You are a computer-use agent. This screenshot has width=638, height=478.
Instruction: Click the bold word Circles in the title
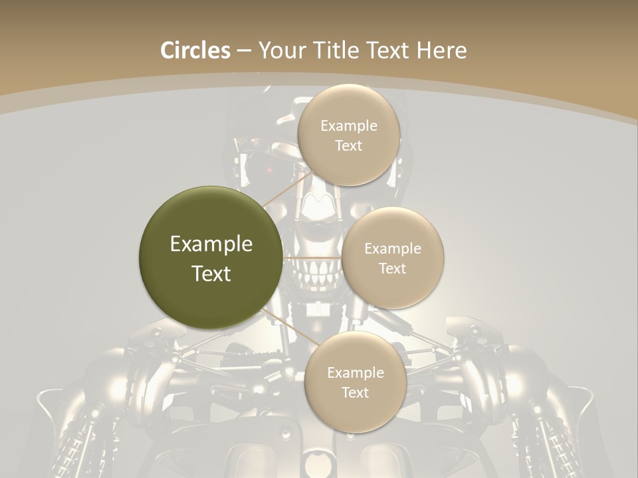(x=195, y=50)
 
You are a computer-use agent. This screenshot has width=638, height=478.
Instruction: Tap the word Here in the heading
(x=441, y=50)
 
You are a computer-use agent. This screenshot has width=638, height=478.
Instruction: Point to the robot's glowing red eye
(x=269, y=171)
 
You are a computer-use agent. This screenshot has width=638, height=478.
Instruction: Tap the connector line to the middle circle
(x=312, y=258)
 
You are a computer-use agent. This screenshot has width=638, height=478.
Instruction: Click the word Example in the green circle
(x=211, y=244)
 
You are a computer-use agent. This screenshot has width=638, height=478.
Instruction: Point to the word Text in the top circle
(x=348, y=145)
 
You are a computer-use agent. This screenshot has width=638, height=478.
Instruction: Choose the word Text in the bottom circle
(x=355, y=392)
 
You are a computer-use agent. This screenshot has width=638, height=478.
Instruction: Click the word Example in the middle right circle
(x=392, y=249)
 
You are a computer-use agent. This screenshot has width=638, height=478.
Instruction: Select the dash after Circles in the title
(x=244, y=51)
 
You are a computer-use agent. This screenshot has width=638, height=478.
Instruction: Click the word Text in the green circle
(x=211, y=274)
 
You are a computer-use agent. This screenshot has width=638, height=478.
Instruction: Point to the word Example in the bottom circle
(x=355, y=372)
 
